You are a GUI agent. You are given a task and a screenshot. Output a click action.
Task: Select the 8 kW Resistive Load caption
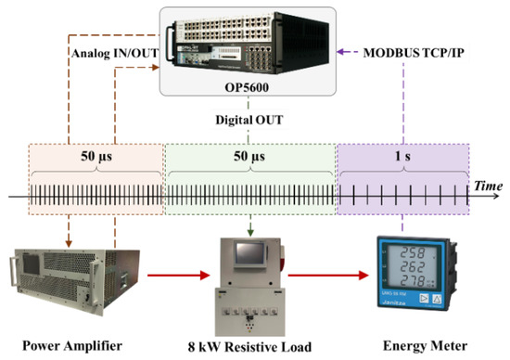click(248, 348)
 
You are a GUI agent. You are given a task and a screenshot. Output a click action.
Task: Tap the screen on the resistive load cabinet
click(249, 254)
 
